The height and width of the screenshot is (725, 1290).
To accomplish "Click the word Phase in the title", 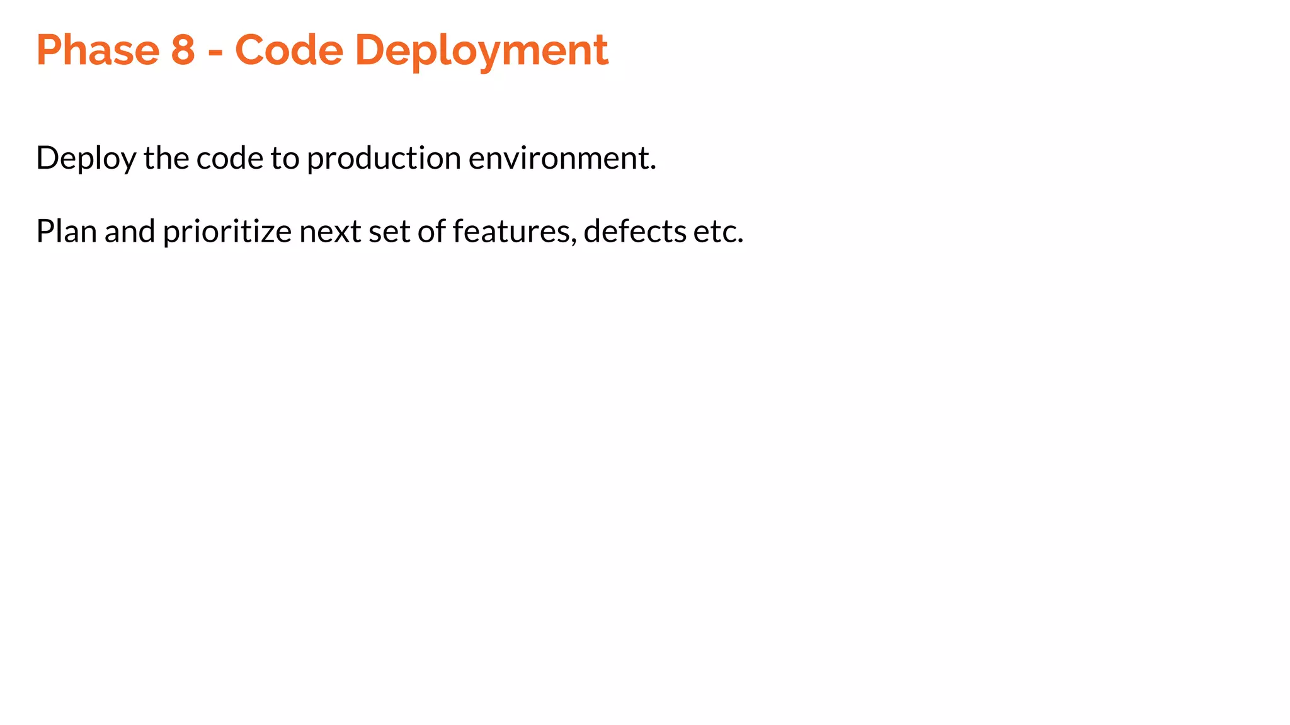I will tap(98, 50).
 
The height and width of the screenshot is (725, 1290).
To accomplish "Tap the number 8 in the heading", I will tap(183, 50).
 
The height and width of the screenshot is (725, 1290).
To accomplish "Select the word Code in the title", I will tap(289, 50).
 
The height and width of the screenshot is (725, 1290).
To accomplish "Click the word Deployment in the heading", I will tap(482, 50).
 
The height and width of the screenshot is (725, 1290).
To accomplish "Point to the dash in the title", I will tap(215, 52).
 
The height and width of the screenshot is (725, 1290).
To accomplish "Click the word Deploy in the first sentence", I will tap(86, 158).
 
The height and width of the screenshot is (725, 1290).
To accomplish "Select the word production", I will tap(384, 158).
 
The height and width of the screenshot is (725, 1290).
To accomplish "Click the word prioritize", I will tap(227, 232).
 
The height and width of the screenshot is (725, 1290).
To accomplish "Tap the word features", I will tap(514, 232).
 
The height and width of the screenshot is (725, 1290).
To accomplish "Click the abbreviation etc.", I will tap(718, 232).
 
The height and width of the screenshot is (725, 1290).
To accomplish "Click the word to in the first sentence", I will tap(285, 158).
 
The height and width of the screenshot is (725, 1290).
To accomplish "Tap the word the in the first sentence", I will tap(166, 158).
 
